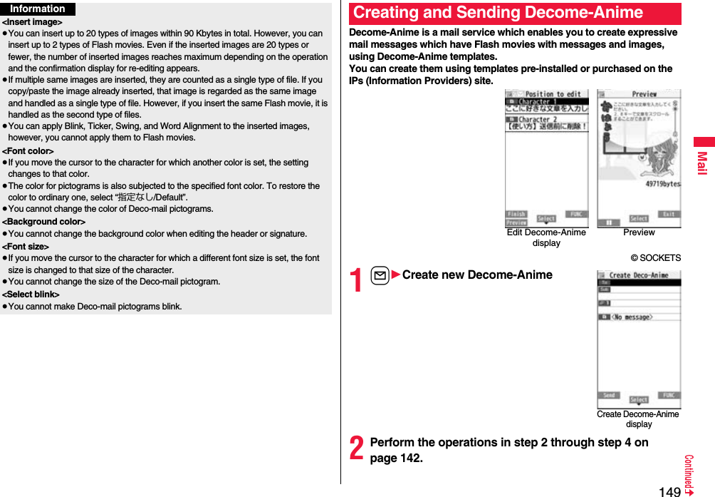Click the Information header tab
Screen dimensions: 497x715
(x=38, y=9)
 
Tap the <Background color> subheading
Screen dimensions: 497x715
(x=44, y=222)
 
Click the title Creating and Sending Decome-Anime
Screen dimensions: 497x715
(x=498, y=13)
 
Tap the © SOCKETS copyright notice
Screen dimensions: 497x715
(x=655, y=258)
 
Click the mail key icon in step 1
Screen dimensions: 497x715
(x=380, y=275)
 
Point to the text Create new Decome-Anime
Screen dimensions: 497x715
(x=476, y=275)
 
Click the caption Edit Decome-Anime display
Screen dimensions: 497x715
(x=546, y=237)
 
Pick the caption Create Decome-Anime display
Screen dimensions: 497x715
(x=638, y=419)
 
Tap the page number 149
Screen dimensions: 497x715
(x=669, y=491)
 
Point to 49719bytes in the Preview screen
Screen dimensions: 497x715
(x=662, y=184)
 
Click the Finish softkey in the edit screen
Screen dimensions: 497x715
(x=516, y=214)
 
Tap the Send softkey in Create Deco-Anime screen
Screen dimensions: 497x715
(x=609, y=395)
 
